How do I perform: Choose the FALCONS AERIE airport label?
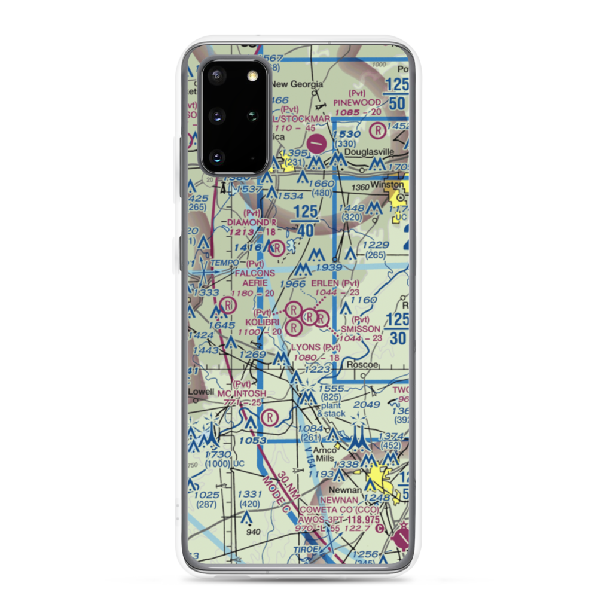coord(255,277)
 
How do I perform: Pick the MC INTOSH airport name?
coord(241,393)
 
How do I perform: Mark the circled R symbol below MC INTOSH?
coord(270,417)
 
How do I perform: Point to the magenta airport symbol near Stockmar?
coord(317,143)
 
